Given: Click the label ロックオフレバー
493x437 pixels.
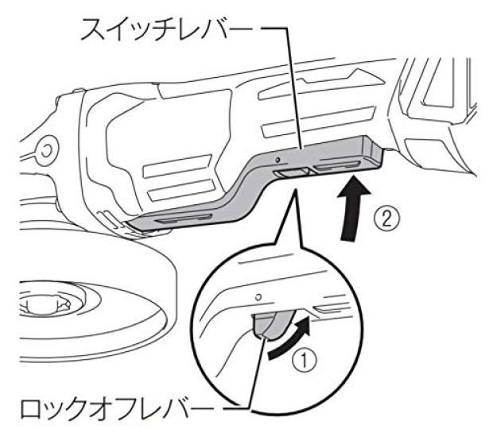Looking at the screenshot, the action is [x=117, y=408].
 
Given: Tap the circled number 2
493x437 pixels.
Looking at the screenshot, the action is [x=386, y=219].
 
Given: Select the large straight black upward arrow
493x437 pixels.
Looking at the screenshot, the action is [x=354, y=208].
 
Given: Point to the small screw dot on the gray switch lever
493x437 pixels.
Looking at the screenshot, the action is [x=277, y=160].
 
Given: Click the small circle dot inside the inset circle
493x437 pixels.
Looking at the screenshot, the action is [x=258, y=296].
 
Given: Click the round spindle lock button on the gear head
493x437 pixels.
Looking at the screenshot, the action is [x=46, y=152].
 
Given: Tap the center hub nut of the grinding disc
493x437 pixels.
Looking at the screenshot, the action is [x=44, y=304].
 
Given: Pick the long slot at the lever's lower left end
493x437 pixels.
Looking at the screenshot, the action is [x=184, y=218].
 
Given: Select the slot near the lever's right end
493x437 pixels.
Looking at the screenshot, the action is [x=337, y=165].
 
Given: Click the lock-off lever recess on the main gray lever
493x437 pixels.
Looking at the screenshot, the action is [x=291, y=172].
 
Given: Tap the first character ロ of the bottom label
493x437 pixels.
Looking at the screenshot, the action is [x=32, y=408].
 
